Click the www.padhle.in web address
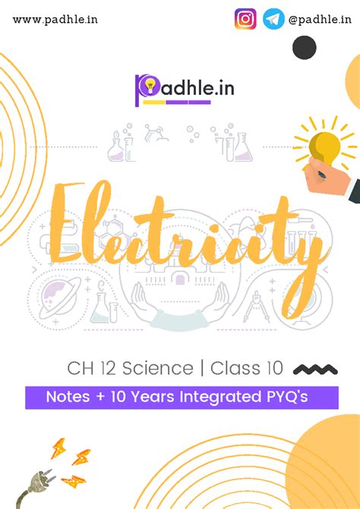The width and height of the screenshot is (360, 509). [x=55, y=18]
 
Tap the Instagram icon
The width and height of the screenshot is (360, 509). [x=245, y=18]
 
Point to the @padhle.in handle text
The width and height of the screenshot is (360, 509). [x=320, y=18]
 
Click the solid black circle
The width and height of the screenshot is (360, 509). [x=304, y=48]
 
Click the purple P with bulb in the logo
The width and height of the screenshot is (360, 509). [x=145, y=89]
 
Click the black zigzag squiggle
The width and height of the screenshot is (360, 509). [x=314, y=370]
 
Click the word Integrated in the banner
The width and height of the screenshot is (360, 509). [x=221, y=397]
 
